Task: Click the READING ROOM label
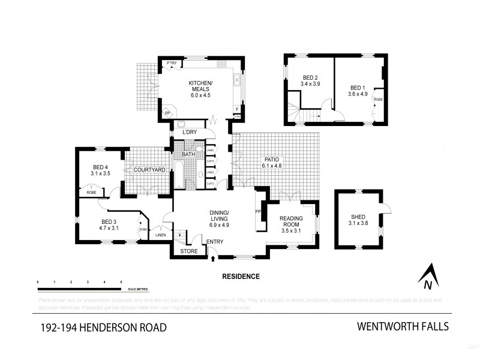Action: (290, 222)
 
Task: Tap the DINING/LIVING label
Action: (218, 216)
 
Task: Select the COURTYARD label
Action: (149, 170)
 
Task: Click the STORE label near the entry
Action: (189, 251)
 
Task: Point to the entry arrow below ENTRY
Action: (214, 259)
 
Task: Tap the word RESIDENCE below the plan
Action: (241, 277)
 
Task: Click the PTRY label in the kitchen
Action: (172, 63)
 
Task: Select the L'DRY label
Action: (190, 132)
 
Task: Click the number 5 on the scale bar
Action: (121, 281)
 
